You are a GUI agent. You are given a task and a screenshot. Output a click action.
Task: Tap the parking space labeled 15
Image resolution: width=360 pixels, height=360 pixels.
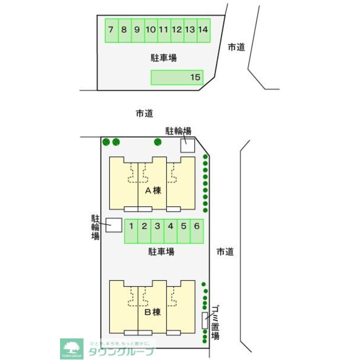[177, 77]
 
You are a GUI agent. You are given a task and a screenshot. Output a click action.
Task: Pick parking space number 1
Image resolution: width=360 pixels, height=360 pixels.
[131, 231]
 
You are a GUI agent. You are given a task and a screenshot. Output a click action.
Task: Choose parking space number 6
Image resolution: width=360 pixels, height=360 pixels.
[197, 231]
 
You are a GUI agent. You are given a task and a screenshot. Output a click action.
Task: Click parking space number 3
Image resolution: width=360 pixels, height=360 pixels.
[158, 231]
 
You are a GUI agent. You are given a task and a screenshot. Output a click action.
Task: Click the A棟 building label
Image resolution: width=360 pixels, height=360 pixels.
[152, 190]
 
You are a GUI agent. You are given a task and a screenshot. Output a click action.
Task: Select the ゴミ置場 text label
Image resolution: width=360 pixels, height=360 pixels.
[215, 322]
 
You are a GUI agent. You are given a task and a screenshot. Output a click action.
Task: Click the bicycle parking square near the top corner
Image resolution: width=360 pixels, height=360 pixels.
[187, 145]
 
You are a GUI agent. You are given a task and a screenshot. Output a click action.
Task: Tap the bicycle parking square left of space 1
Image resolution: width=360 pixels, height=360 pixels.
[114, 225]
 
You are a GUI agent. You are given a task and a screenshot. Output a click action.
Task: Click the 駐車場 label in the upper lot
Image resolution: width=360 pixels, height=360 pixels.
[163, 57]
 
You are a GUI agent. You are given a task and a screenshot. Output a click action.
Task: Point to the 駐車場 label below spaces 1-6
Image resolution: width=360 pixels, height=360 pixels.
[161, 251]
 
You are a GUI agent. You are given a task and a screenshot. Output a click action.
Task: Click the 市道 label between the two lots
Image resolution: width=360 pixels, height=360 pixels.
[145, 114]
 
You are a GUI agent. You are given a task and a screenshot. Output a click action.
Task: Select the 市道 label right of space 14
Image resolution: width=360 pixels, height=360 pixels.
[236, 47]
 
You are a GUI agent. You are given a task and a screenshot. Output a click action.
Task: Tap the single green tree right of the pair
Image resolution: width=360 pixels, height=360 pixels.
[157, 142]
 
